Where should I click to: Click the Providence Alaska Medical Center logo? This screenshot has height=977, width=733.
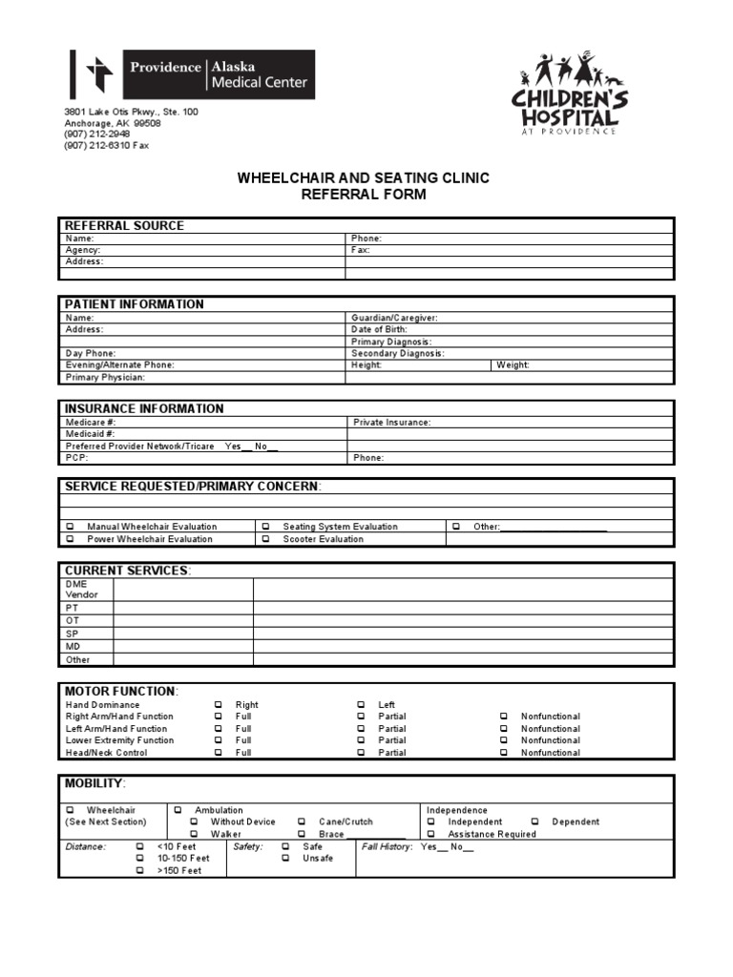tap(192, 75)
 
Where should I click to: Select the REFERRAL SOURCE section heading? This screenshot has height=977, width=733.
tap(124, 226)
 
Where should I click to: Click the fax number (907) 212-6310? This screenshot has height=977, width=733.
tap(107, 146)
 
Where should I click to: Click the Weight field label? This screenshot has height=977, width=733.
tap(513, 365)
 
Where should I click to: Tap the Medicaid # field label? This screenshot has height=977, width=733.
tap(91, 433)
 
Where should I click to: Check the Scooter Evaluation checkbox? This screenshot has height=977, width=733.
tap(265, 539)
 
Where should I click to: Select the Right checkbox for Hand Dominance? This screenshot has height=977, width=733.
tap(218, 705)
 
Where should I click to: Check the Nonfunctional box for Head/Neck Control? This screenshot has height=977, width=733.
tap(503, 753)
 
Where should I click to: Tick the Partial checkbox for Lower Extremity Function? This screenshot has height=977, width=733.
tap(361, 740)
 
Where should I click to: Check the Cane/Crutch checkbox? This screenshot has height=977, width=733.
tap(301, 821)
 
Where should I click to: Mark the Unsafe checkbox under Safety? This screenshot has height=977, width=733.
tap(285, 859)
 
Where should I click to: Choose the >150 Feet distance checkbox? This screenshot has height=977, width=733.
tap(140, 871)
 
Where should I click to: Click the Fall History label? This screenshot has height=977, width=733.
tap(387, 846)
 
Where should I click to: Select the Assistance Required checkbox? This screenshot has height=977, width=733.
tap(430, 834)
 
